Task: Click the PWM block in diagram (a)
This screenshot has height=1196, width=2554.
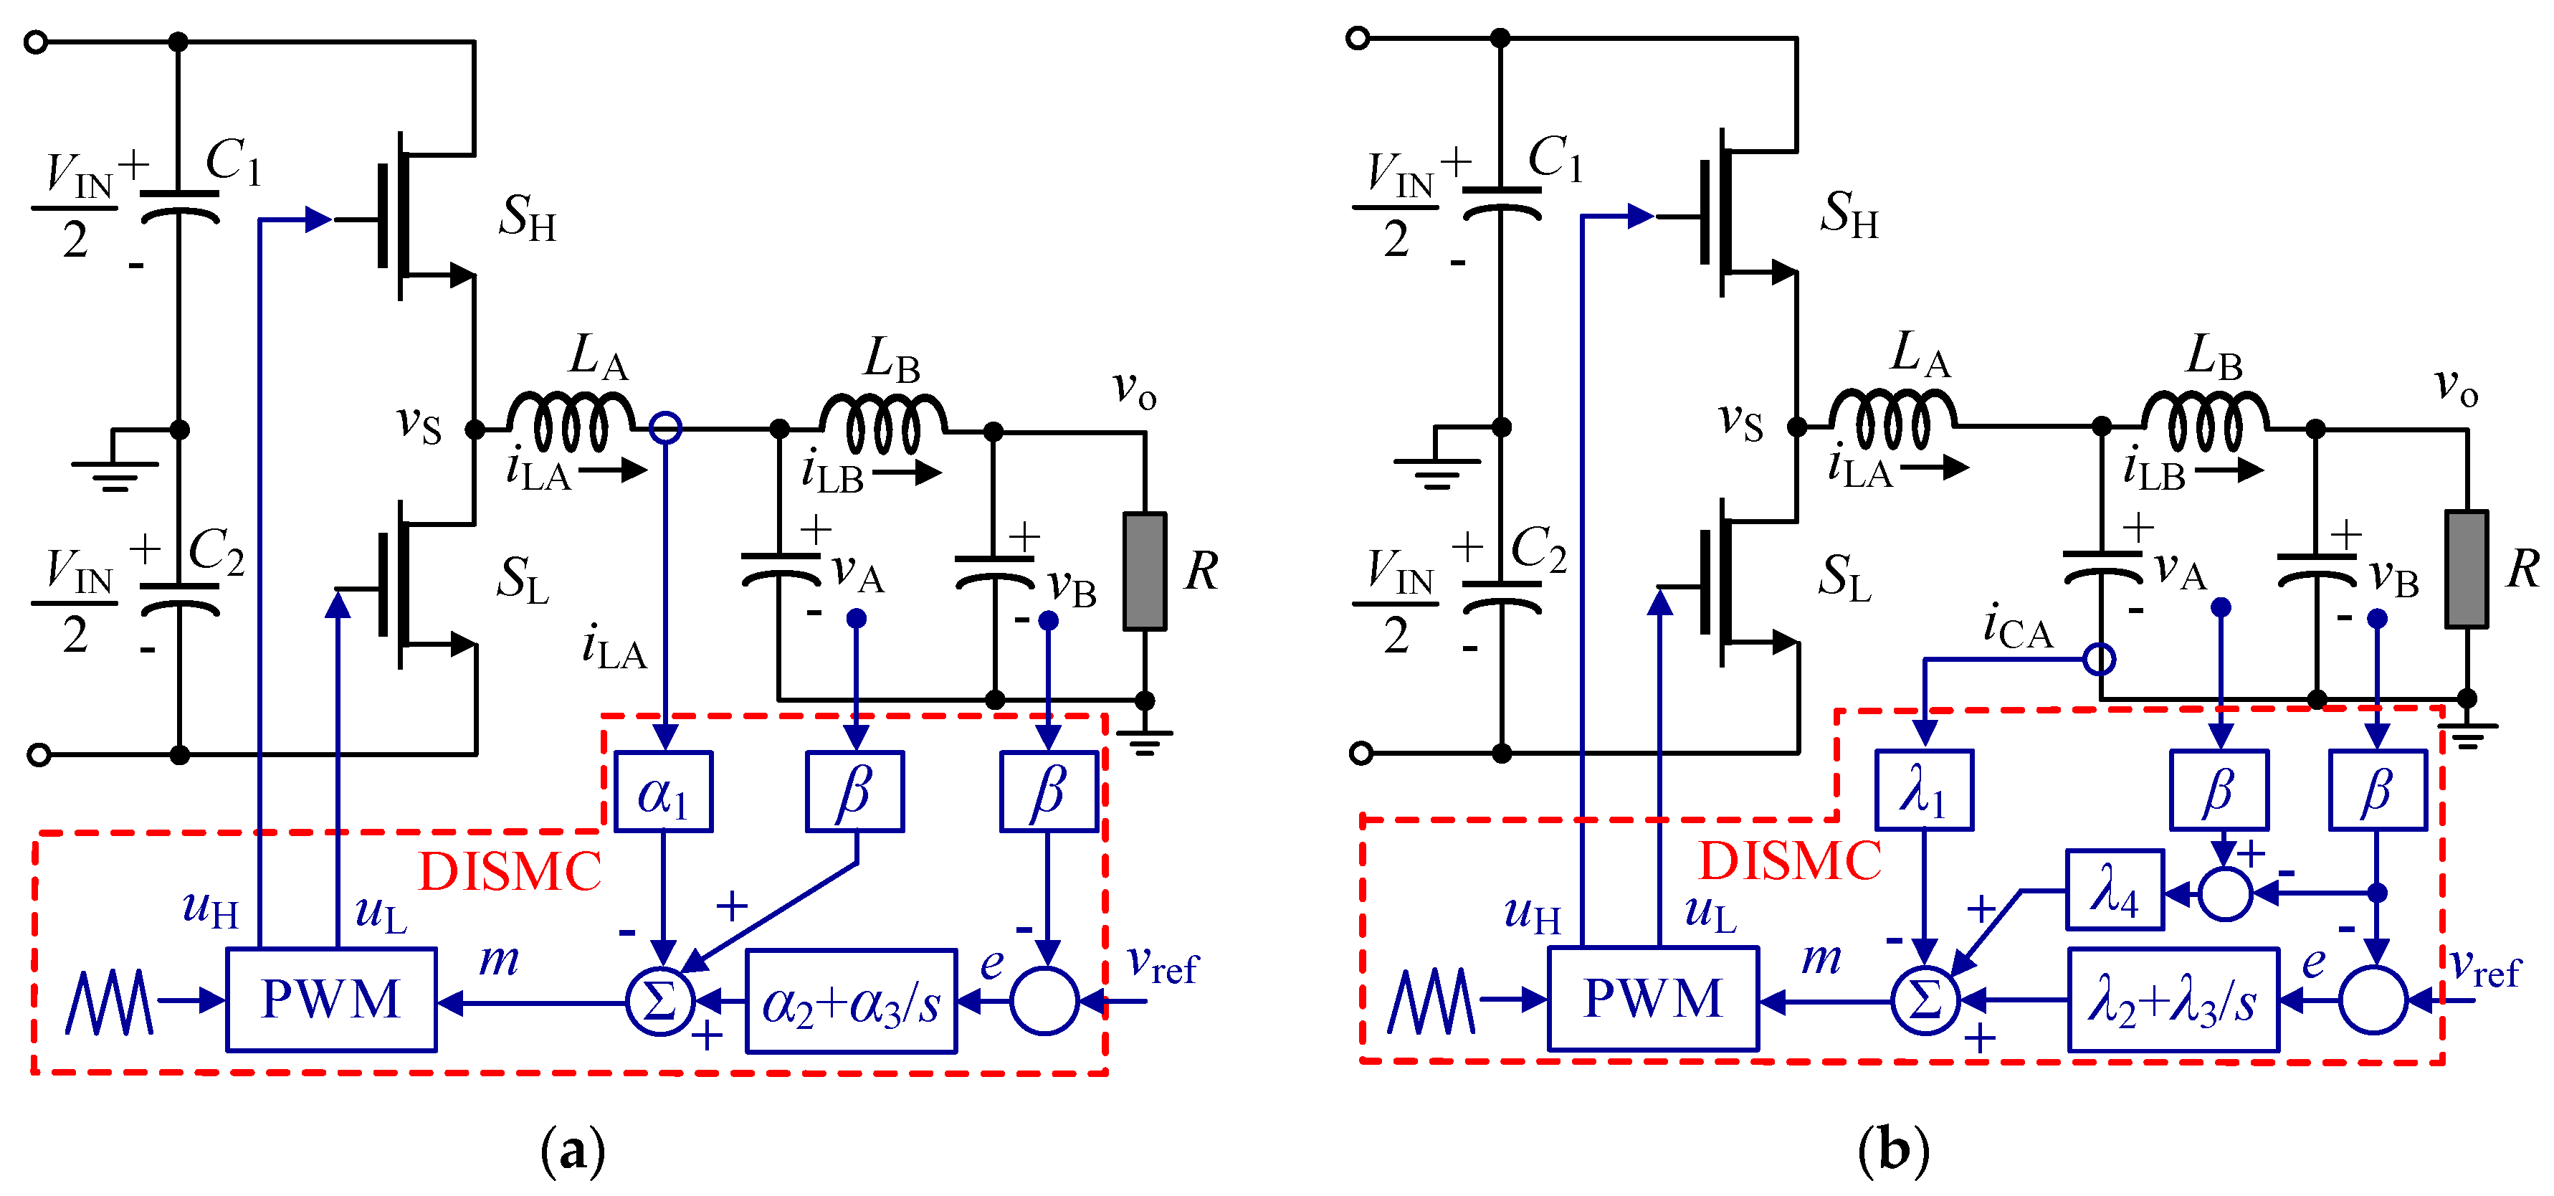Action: tap(331, 999)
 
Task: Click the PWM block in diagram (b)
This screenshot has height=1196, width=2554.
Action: tap(1653, 997)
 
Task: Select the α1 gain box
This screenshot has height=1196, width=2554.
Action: tap(663, 792)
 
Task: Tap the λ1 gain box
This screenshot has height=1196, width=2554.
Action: tap(1923, 790)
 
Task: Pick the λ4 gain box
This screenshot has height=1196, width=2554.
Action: tap(2114, 890)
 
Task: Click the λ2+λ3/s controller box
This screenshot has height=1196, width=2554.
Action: tap(2172, 1000)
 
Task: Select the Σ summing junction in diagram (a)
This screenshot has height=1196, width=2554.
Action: tap(660, 1001)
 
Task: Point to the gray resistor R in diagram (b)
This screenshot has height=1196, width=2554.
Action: tap(2466, 569)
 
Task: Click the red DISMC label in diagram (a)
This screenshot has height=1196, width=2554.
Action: tap(510, 873)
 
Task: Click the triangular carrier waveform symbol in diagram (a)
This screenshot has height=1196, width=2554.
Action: tap(109, 1002)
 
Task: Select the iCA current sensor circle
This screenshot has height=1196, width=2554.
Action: tap(2099, 658)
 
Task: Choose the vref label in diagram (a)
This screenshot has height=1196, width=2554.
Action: tap(1162, 964)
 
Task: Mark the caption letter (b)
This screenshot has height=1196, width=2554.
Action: tap(1894, 1150)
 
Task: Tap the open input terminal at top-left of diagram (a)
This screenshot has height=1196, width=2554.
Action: tap(37, 42)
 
